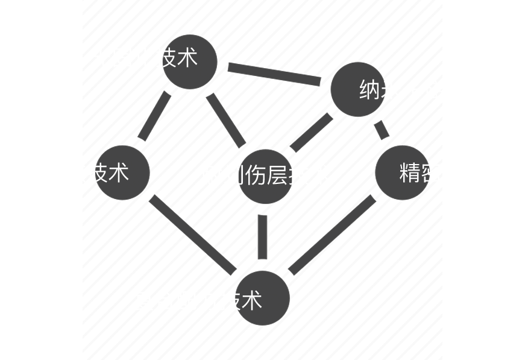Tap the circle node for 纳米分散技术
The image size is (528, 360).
(123, 172)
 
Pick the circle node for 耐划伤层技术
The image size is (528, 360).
(265, 175)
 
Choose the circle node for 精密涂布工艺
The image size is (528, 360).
(402, 172)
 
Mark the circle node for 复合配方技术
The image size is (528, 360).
(262, 298)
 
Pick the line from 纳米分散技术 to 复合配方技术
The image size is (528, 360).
(192, 234)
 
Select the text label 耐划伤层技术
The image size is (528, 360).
(266, 175)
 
